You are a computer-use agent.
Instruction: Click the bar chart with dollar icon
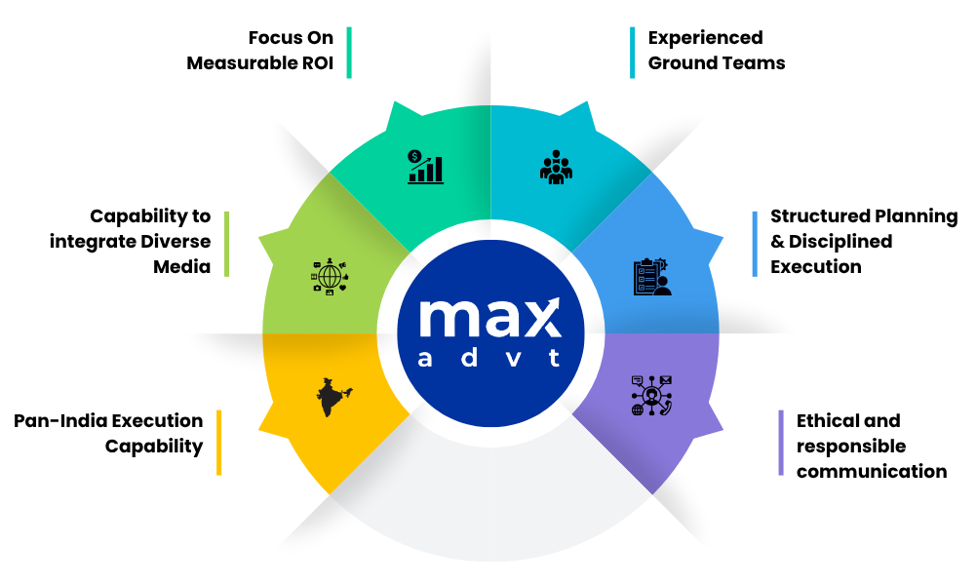click(425, 167)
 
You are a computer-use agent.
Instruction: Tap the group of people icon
click(556, 167)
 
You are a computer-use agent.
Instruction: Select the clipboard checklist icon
click(652, 277)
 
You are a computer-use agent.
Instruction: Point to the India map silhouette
click(333, 397)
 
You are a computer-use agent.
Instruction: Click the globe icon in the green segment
click(330, 276)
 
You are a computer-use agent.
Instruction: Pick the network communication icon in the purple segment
click(651, 396)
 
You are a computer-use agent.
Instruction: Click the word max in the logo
click(489, 318)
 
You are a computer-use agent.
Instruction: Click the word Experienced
click(705, 38)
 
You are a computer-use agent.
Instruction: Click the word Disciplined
click(840, 242)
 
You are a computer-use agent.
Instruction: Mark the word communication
click(872, 472)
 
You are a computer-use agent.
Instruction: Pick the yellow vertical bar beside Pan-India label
click(218, 443)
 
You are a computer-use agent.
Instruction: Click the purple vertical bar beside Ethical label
click(781, 443)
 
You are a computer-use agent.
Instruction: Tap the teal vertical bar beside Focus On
click(349, 53)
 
